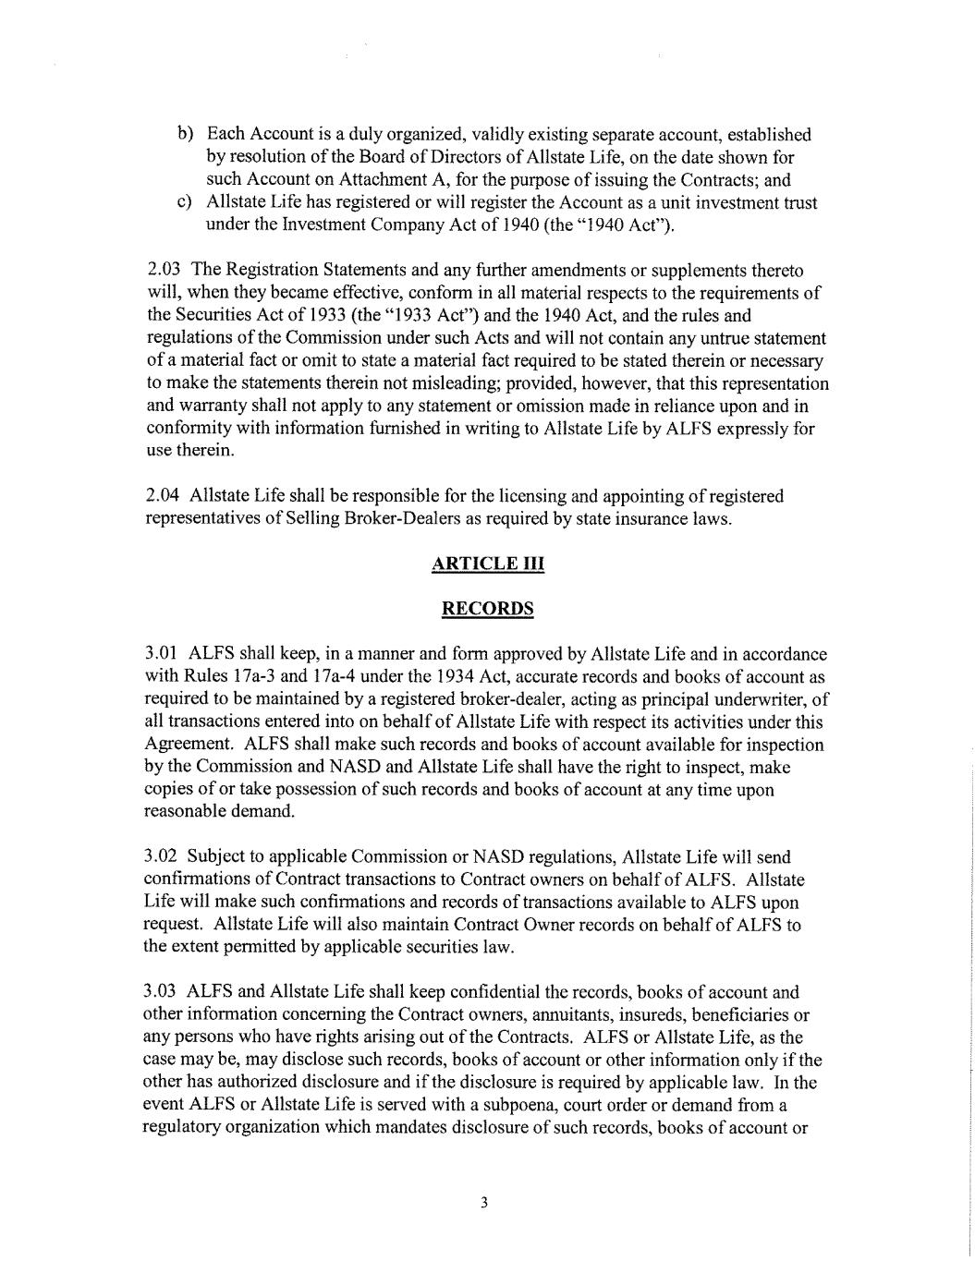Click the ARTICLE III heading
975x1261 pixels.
click(487, 564)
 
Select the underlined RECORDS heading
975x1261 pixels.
click(487, 609)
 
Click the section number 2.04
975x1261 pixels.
click(165, 497)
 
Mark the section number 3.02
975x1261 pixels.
click(164, 858)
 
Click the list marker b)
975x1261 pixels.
click(185, 136)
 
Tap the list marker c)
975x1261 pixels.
click(185, 203)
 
